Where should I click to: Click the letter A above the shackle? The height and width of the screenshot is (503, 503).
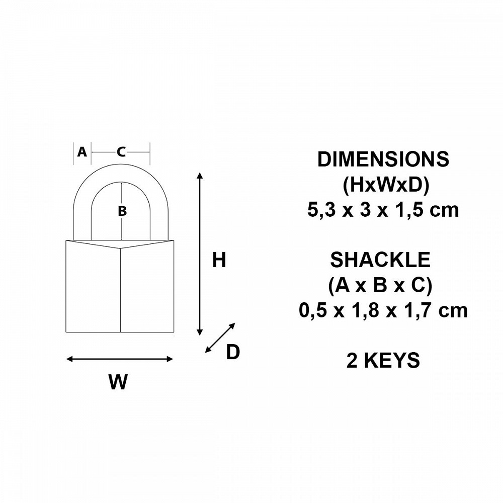point(82,152)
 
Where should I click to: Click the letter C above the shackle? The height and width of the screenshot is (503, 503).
point(121,152)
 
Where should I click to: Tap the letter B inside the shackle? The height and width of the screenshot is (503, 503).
point(122,211)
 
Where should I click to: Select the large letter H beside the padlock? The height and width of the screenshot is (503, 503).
point(219,260)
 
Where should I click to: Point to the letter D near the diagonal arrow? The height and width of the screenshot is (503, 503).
point(233,352)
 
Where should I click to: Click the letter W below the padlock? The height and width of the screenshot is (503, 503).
point(118,382)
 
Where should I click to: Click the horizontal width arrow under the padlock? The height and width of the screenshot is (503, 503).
point(120,359)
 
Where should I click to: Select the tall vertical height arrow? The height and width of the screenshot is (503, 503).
point(200,254)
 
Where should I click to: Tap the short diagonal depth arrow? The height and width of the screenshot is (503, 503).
point(220,338)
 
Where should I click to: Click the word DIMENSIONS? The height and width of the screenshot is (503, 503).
point(383,159)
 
